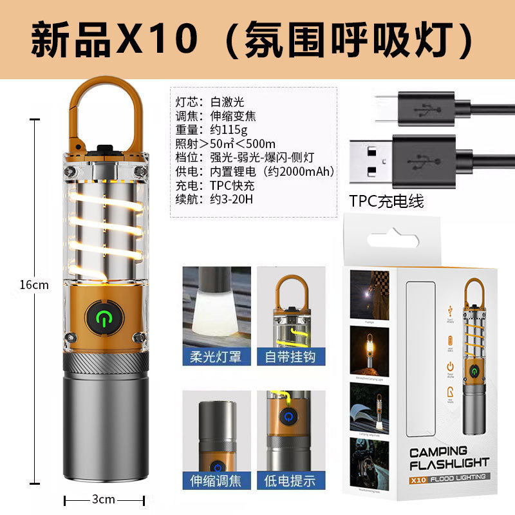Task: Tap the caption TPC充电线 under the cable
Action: (x=387, y=201)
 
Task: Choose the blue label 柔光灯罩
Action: (x=216, y=355)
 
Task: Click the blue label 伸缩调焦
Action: (x=216, y=480)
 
